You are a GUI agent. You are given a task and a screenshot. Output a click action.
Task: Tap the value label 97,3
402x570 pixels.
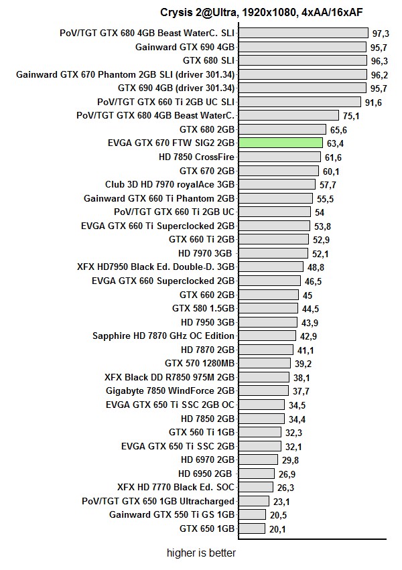coord(381,33)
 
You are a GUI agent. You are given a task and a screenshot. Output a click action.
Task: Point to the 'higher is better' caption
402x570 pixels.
coord(201,553)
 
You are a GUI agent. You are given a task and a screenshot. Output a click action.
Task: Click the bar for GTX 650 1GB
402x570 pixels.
coord(251,528)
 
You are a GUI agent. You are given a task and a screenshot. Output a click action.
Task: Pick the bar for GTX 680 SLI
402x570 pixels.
coord(302,60)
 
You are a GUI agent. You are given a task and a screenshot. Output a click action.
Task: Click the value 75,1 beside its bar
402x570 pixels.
coord(351,116)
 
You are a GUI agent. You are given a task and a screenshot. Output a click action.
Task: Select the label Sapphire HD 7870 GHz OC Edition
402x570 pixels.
coord(163,336)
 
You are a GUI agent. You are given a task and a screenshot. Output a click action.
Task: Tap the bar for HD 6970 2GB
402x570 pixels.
coord(257,459)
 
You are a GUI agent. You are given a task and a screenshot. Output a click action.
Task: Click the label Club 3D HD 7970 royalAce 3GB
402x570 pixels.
coord(170,184)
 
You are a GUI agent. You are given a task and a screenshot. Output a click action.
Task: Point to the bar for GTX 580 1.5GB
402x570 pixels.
coord(267,308)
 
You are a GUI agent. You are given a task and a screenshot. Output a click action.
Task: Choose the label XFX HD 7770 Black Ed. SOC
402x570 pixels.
coord(176,487)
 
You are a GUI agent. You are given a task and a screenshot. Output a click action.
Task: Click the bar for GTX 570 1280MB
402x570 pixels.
coord(264,363)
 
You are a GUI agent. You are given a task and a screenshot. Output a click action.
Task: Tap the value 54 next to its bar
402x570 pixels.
coord(320,212)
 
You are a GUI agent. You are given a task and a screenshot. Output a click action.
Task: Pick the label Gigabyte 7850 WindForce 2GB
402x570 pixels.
coord(170,390)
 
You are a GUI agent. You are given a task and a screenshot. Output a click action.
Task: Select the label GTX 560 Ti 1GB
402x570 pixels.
coord(201,432)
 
